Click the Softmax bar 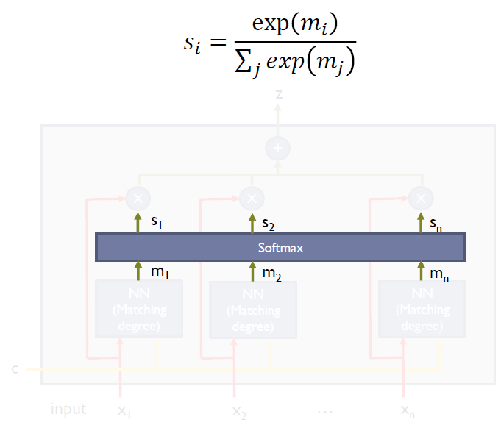(280, 248)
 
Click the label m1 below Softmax (158, 273)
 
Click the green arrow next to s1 (138, 221)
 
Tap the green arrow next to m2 (252, 271)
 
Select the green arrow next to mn (421, 271)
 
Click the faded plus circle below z (277, 149)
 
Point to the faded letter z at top (278, 94)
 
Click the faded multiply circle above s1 (138, 198)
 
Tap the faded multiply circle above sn (421, 198)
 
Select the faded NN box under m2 (252, 309)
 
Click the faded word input (68, 409)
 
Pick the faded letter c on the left (15, 368)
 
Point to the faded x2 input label (240, 410)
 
